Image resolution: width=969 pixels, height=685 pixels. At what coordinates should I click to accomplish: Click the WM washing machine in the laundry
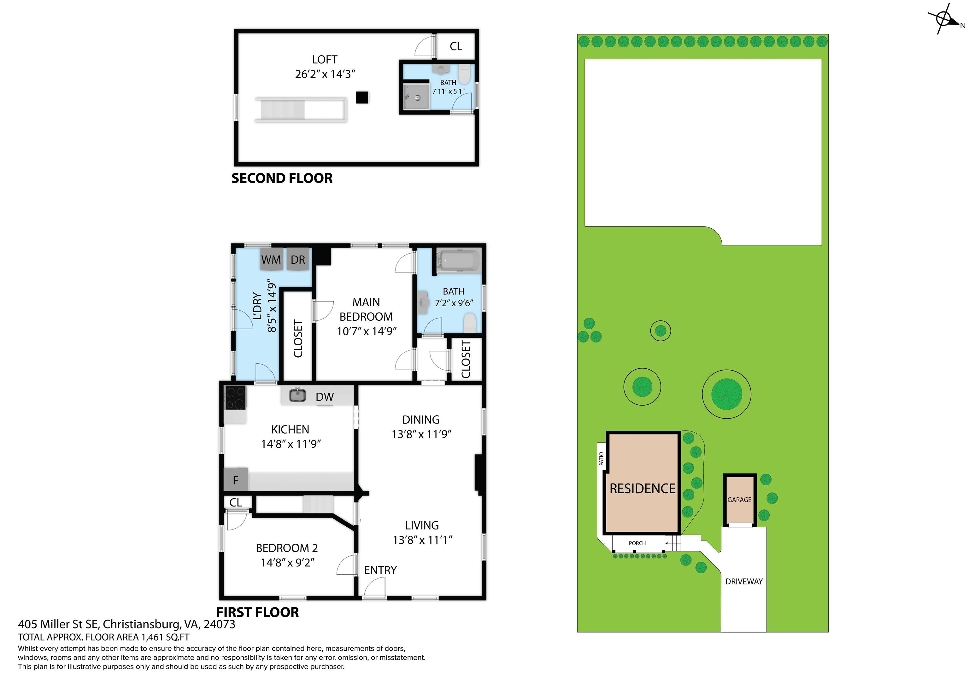271,260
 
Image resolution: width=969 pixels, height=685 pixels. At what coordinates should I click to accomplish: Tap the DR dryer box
298,260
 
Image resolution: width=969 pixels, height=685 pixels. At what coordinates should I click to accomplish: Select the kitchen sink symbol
297,395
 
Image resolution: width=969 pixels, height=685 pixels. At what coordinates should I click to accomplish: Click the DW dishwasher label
325,397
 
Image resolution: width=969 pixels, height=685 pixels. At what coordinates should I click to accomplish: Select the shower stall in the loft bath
416,97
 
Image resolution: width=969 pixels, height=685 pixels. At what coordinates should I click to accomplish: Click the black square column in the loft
362,97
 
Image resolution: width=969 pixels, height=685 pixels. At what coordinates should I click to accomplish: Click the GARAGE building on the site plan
739,501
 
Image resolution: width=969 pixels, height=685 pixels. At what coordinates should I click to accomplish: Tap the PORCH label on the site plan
637,543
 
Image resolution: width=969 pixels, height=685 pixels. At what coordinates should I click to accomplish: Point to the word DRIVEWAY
744,582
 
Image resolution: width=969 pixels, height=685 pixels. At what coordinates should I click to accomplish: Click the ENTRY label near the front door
380,570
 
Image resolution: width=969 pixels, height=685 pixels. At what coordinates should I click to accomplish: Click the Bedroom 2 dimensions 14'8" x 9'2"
287,563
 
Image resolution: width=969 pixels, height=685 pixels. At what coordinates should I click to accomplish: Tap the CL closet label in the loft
456,46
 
